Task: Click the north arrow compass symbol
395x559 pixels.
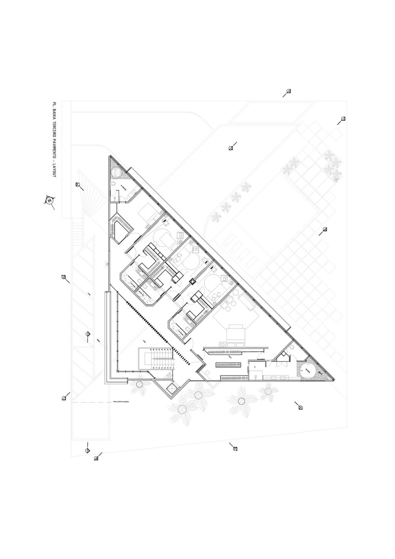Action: coord(49,200)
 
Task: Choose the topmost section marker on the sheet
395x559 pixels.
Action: coord(288,91)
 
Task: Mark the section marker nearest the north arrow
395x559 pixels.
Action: coord(78,185)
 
